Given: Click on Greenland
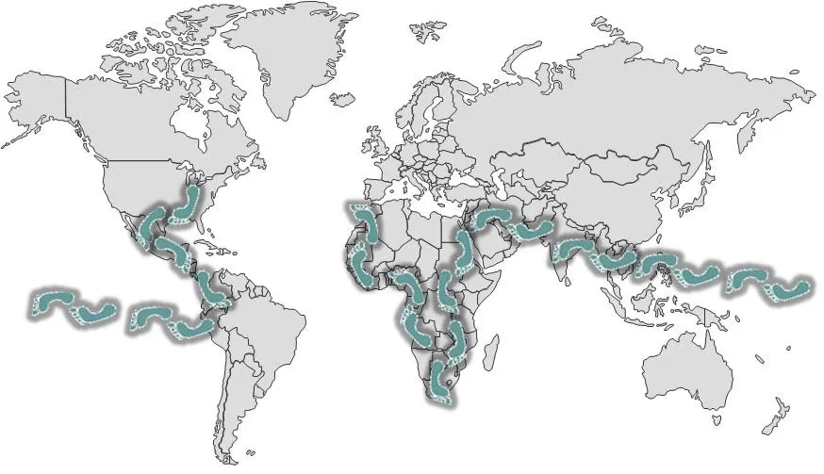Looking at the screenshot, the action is [x=283, y=57].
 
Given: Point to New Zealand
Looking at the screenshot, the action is [x=776, y=416].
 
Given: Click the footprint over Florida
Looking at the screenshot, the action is [x=190, y=204].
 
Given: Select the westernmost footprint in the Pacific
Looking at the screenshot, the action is [x=52, y=302].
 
